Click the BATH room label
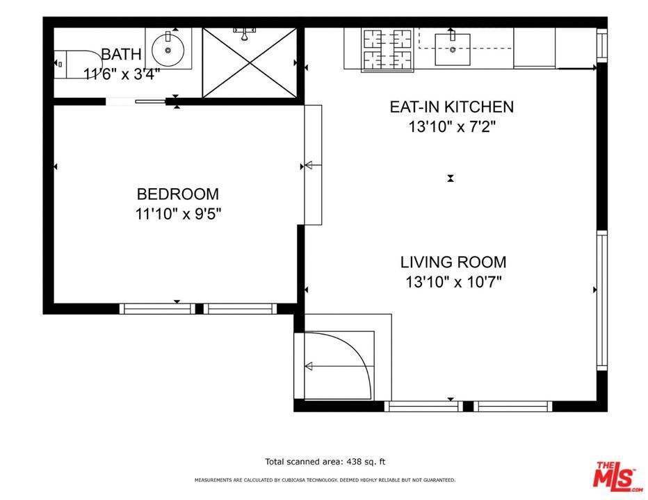point(121,54)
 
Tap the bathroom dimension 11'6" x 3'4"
point(122,74)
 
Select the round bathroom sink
point(168,50)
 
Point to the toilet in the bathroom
point(78,64)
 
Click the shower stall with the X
point(250,62)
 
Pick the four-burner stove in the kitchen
point(387,49)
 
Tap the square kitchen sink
point(453,49)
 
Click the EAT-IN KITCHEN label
point(452,107)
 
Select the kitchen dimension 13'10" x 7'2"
point(452,126)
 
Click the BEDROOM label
point(178,194)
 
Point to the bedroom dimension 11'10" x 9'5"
point(178,214)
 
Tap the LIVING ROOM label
point(453,262)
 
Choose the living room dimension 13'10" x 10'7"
point(453,283)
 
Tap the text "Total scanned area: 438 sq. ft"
point(325,462)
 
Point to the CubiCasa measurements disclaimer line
point(325,480)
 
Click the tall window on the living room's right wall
point(602,300)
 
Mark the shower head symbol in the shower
point(245,34)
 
